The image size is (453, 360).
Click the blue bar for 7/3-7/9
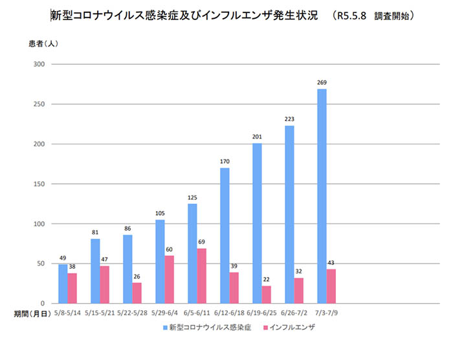click(x=322, y=196)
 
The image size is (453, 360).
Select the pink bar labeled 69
click(x=202, y=276)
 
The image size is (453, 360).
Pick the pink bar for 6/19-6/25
click(x=267, y=295)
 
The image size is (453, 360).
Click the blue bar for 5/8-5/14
click(x=63, y=284)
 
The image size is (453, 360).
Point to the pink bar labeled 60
click(x=170, y=279)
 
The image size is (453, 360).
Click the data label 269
click(x=322, y=83)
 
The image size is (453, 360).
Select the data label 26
click(x=137, y=276)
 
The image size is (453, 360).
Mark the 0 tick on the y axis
click(x=41, y=304)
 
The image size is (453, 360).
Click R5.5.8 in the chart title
click(x=352, y=14)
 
